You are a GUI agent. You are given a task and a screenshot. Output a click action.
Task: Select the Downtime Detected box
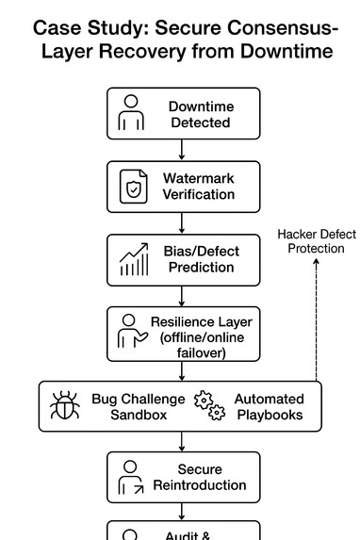click(x=183, y=113)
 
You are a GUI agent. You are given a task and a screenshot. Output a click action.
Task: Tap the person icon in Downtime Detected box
click(x=130, y=113)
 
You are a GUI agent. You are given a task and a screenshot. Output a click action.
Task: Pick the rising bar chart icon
click(x=134, y=259)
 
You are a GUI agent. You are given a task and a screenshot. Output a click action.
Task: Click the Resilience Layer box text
click(x=201, y=336)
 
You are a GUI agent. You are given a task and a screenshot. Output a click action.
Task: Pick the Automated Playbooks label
click(x=269, y=406)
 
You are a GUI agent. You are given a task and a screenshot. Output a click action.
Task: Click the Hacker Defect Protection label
click(x=316, y=239)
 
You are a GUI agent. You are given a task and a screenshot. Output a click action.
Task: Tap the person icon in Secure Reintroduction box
click(x=131, y=477)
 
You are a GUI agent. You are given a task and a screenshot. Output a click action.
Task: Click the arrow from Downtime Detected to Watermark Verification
click(x=182, y=150)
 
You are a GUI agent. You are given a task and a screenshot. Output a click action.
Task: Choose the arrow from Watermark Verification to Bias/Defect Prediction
click(x=182, y=222)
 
